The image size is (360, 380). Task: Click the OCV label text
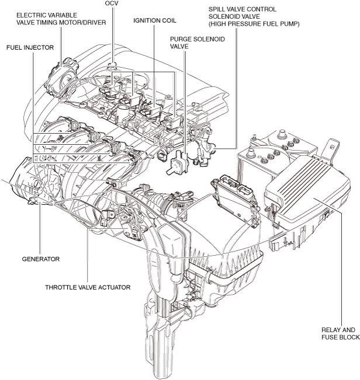coord(112,4)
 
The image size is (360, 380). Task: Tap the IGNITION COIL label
coord(155,20)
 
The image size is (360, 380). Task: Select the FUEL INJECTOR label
coord(30,47)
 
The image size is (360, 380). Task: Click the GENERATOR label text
coord(41,259)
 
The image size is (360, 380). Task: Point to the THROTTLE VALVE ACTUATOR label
coord(88,287)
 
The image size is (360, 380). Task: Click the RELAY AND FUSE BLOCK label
coord(341,333)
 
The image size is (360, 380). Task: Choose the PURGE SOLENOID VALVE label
coord(197,43)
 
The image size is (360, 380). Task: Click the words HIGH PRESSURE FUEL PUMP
coord(254,24)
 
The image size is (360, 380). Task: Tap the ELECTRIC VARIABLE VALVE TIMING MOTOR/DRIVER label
coord(61,19)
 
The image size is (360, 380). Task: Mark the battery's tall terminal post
coord(282,134)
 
